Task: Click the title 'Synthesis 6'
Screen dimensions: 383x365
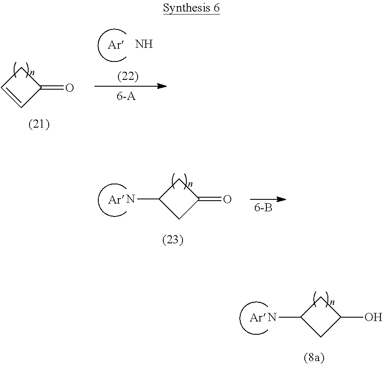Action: pos(191,8)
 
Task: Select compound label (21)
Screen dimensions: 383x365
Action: pos(39,124)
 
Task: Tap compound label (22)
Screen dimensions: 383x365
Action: pos(128,76)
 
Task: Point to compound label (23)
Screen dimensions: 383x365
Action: pos(173,239)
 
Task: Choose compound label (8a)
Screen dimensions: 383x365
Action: pos(314,357)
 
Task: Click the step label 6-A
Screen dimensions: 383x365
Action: pos(126,96)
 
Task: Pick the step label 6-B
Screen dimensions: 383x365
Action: pos(263,207)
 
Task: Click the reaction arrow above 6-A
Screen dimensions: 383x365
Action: pos(131,86)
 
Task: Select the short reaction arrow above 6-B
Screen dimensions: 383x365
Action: pos(268,199)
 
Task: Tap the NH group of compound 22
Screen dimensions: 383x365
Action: pos(144,44)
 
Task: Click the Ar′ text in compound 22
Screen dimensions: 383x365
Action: pos(115,45)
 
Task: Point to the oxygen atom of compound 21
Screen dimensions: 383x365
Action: pos(70,88)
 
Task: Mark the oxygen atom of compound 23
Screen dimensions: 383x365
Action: pos(227,199)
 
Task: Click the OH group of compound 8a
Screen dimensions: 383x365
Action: pos(373,317)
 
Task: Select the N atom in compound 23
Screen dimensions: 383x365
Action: pos(131,199)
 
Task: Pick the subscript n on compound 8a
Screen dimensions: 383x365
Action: pos(332,303)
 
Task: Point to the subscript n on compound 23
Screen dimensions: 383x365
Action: pos(190,184)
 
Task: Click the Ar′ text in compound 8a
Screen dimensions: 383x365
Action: pos(257,318)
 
